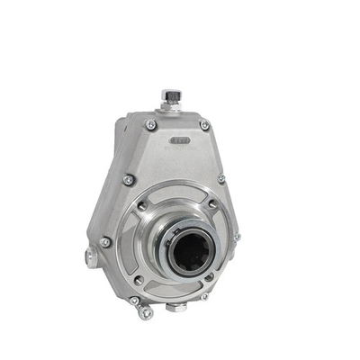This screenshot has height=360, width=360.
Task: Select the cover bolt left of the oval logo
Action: [x=150, y=124]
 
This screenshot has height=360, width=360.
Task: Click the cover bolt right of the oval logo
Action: [x=205, y=125]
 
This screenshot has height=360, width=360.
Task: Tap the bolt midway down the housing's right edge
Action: [x=221, y=178]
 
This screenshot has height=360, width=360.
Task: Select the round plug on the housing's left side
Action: [x=91, y=257]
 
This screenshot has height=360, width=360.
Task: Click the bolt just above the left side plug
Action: [x=106, y=241]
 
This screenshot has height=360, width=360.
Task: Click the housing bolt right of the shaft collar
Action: [x=237, y=236]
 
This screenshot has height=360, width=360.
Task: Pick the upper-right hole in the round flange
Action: [x=212, y=204]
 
